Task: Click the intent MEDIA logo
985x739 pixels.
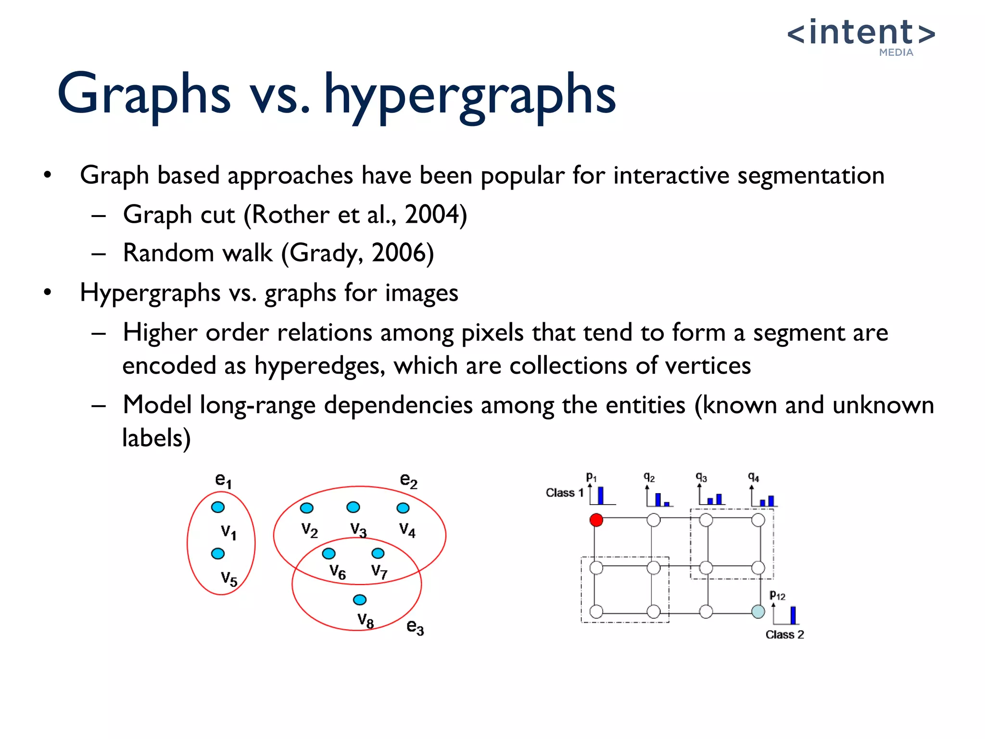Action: pyautogui.click(x=861, y=36)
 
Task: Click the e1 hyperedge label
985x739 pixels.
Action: pyautogui.click(x=223, y=480)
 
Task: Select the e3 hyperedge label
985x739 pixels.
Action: pyautogui.click(x=415, y=626)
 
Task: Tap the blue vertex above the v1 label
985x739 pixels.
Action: pyautogui.click(x=218, y=507)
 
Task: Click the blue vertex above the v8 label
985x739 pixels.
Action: pyautogui.click(x=360, y=599)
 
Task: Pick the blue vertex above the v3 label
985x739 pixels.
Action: pyautogui.click(x=353, y=507)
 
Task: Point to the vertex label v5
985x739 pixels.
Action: pyautogui.click(x=229, y=578)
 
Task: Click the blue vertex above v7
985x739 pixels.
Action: pyautogui.click(x=378, y=553)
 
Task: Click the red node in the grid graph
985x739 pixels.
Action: pyautogui.click(x=596, y=520)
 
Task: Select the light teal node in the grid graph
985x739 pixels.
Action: pyautogui.click(x=758, y=612)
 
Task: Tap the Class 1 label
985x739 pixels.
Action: pyautogui.click(x=564, y=493)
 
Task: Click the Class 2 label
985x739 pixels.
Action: pyautogui.click(x=784, y=635)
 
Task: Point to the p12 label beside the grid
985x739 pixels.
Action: pyautogui.click(x=777, y=596)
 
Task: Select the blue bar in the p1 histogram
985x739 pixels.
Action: pyautogui.click(x=600, y=495)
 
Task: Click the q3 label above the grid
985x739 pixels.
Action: pyautogui.click(x=701, y=477)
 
